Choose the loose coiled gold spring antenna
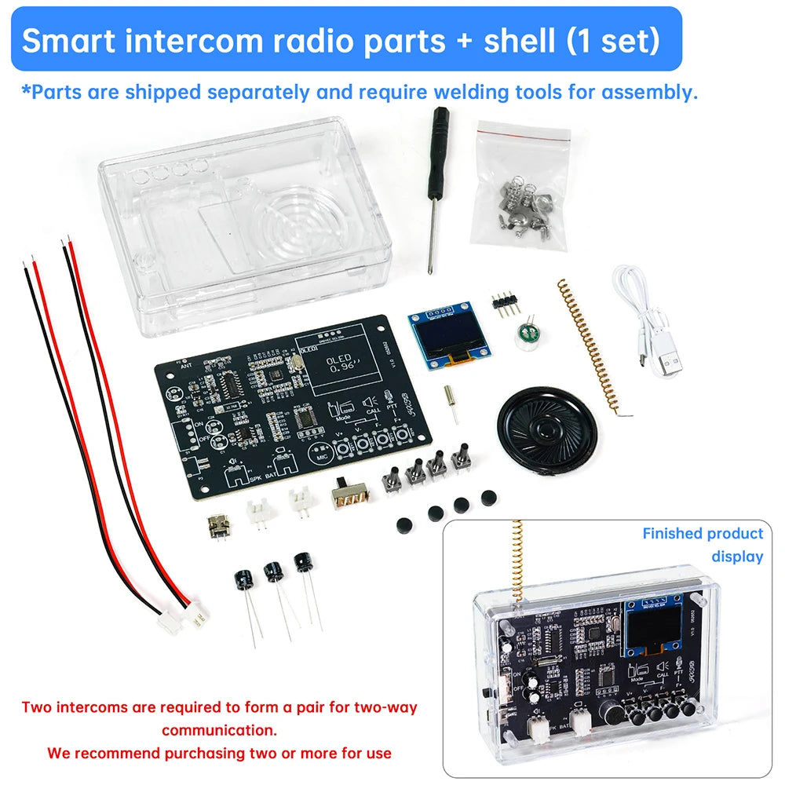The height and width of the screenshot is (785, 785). click(x=589, y=345)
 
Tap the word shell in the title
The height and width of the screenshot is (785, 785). click(x=517, y=41)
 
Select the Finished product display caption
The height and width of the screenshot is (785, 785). click(x=703, y=545)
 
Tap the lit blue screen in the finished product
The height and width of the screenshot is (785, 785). click(x=652, y=629)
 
